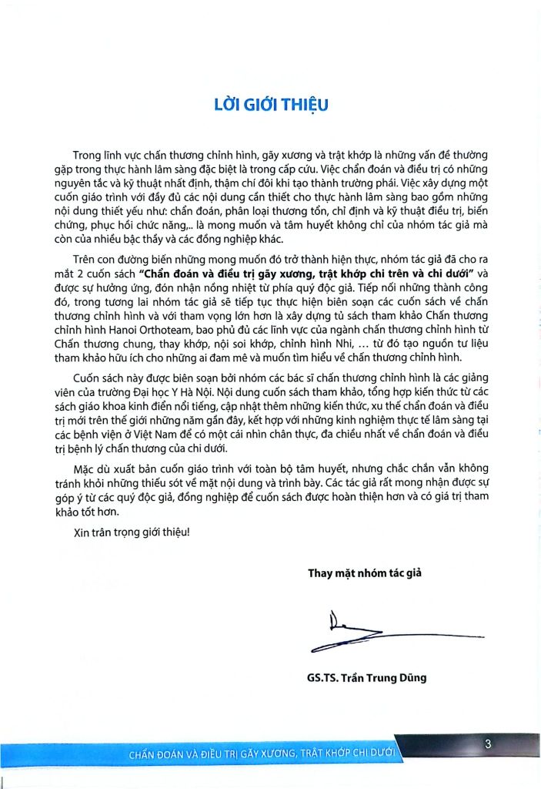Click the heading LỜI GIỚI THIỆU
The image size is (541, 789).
click(271, 105)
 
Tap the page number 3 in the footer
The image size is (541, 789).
click(488, 744)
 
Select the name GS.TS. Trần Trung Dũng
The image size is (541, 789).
click(366, 678)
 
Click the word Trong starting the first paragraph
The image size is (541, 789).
click(88, 155)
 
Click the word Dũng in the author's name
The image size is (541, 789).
click(412, 678)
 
